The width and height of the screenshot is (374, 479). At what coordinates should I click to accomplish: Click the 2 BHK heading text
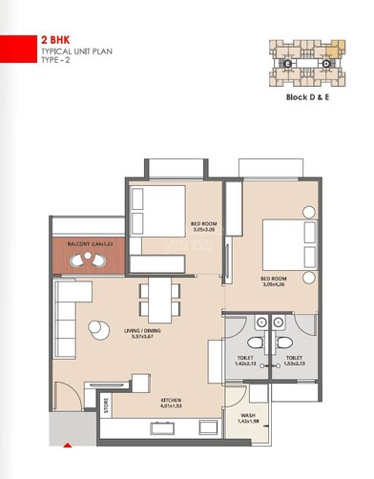pyautogui.click(x=54, y=40)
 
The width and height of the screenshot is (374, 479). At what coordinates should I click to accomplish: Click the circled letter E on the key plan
pyautogui.click(x=287, y=64)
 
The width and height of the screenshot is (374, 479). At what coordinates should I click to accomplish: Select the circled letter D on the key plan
pyautogui.click(x=325, y=64)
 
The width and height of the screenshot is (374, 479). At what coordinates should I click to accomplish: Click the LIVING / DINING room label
pyautogui.click(x=145, y=334)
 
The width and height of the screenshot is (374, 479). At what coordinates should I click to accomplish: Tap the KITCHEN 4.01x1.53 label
pyautogui.click(x=172, y=403)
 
